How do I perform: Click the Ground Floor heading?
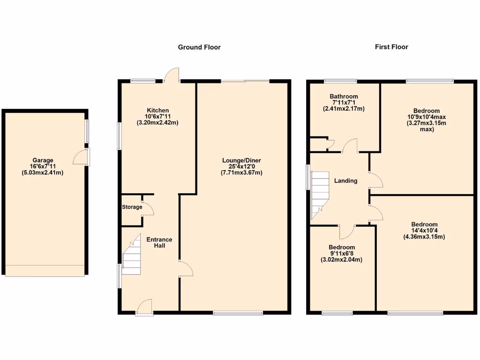199,47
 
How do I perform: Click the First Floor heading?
391,47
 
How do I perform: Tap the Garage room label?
43,160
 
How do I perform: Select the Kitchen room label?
157,110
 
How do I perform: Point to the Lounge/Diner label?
241,160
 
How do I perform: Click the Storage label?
132,207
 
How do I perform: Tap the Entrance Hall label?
159,243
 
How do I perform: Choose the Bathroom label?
344,97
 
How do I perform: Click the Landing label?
345,180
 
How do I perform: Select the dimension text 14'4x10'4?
424,231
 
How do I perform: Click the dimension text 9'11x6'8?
342,254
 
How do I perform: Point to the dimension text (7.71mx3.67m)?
241,172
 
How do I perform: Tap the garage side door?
82,158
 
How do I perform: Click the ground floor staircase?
132,256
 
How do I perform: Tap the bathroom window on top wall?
340,81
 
